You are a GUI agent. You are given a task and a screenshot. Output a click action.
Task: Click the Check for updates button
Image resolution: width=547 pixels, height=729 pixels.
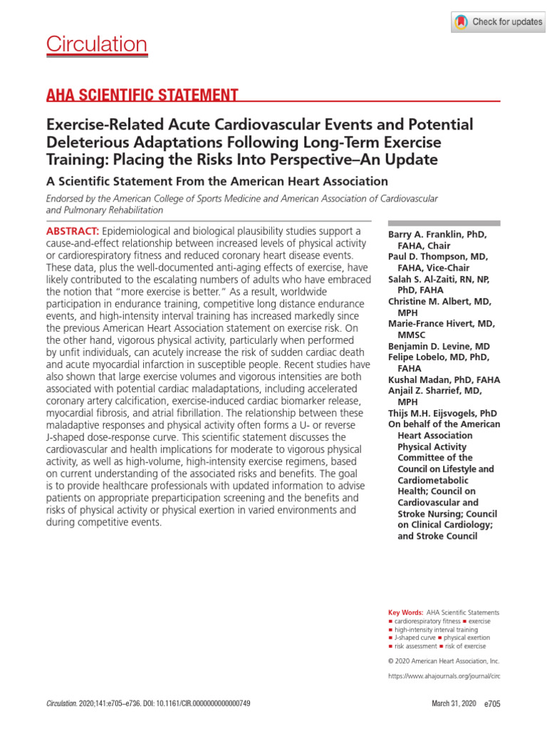[498, 22]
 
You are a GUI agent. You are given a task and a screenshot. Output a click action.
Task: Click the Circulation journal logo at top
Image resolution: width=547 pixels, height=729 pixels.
[97, 45]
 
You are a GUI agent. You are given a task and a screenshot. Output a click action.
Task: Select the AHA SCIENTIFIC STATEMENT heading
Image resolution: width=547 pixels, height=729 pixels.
[142, 95]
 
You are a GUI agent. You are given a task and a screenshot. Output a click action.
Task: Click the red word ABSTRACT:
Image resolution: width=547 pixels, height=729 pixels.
[73, 232]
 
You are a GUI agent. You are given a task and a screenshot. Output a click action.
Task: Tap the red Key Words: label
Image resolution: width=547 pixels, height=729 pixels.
[405, 612]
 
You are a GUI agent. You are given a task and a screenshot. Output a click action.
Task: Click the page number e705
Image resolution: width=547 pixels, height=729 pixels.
[492, 704]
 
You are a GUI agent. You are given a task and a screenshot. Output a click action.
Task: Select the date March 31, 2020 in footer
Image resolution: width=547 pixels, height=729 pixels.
[454, 704]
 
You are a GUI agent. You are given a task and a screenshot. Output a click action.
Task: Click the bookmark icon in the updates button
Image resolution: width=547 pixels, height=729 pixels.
[462, 22]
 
